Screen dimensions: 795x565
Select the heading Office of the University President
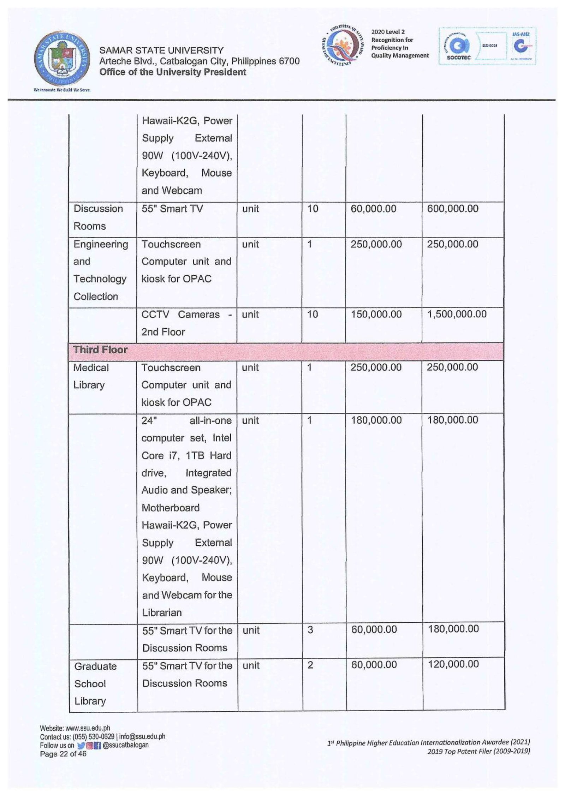173,72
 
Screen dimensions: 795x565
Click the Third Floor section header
100,350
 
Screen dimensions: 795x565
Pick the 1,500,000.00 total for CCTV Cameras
457,314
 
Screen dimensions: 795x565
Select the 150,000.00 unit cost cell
376,314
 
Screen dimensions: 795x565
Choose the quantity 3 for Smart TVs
310,630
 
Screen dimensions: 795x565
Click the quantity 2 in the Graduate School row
310,665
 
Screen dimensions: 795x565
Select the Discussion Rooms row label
98,217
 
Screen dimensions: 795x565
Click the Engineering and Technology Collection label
100,270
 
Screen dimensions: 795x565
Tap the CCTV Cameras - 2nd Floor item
186,323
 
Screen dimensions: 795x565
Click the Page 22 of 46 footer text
63,754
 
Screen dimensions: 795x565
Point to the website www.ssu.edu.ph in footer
75,728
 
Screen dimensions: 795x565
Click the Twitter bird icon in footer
81,745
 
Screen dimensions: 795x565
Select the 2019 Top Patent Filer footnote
478,751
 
